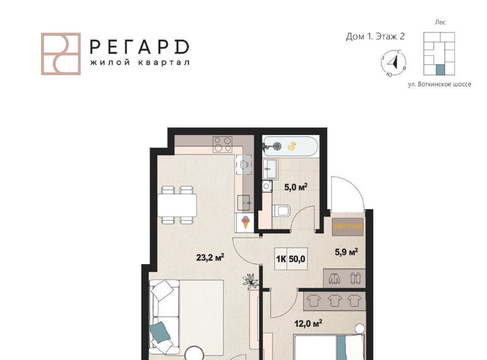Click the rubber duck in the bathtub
292,146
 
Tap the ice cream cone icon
246,222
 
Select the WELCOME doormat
347,227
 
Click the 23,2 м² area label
210,257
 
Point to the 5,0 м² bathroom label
296,187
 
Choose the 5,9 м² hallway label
346,251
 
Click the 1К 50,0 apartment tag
291,259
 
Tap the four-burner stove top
222,145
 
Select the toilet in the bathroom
282,211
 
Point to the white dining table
177,205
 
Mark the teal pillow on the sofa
160,332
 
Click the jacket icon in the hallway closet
335,278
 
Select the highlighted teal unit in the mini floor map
440,70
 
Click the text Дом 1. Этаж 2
375,37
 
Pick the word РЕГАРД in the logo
140,47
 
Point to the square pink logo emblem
61,54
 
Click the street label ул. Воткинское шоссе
439,84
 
